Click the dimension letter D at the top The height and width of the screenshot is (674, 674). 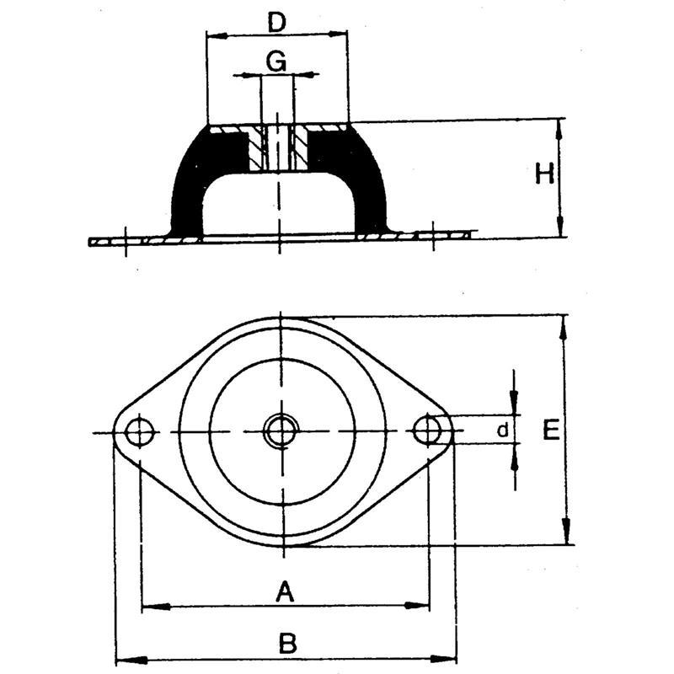[276, 22]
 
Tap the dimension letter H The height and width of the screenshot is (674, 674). [545, 174]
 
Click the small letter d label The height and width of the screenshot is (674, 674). [502, 431]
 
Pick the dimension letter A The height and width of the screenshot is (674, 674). [285, 593]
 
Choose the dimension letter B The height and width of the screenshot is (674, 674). [287, 645]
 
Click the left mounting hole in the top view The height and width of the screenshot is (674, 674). [139, 433]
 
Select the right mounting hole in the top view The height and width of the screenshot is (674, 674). [428, 431]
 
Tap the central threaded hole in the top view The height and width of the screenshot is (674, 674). [279, 432]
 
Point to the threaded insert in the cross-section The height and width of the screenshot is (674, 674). [277, 148]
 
